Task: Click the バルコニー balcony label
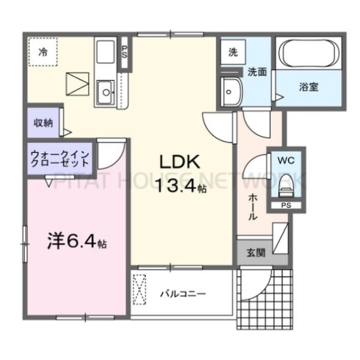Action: coord(183,294)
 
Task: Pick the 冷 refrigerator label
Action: coord(43,51)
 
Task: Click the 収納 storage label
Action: coord(43,122)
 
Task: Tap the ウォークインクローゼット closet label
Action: coord(59,159)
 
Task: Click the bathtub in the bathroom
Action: coord(308,55)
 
